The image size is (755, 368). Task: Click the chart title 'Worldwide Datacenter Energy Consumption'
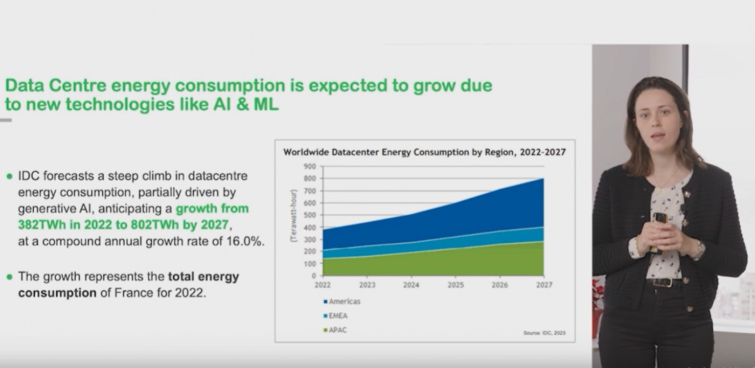424,152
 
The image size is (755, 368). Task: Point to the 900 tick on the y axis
311,167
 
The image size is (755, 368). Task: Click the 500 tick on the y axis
311,215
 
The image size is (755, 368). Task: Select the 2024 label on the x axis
411,285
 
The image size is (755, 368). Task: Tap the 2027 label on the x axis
544,285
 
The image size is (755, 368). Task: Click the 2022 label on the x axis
323,285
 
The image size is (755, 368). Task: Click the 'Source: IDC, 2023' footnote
544,333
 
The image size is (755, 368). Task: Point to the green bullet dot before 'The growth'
9,277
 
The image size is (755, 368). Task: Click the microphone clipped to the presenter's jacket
682,209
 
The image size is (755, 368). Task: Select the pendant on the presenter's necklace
660,192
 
